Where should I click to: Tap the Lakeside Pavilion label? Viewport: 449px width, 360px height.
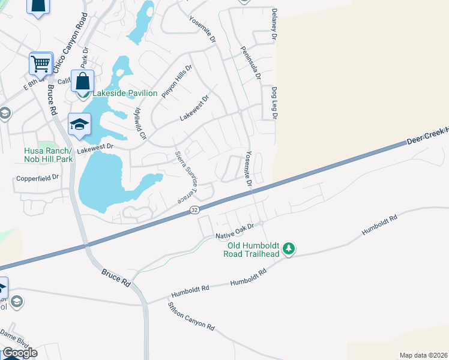(124, 94)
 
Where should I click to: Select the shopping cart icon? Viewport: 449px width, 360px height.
(41, 63)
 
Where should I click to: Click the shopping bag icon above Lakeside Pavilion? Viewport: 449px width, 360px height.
(82, 81)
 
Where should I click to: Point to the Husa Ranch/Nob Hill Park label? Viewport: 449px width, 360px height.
(48, 155)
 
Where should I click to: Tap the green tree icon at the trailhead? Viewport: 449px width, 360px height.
(289, 248)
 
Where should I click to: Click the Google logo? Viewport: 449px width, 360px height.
(19, 353)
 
